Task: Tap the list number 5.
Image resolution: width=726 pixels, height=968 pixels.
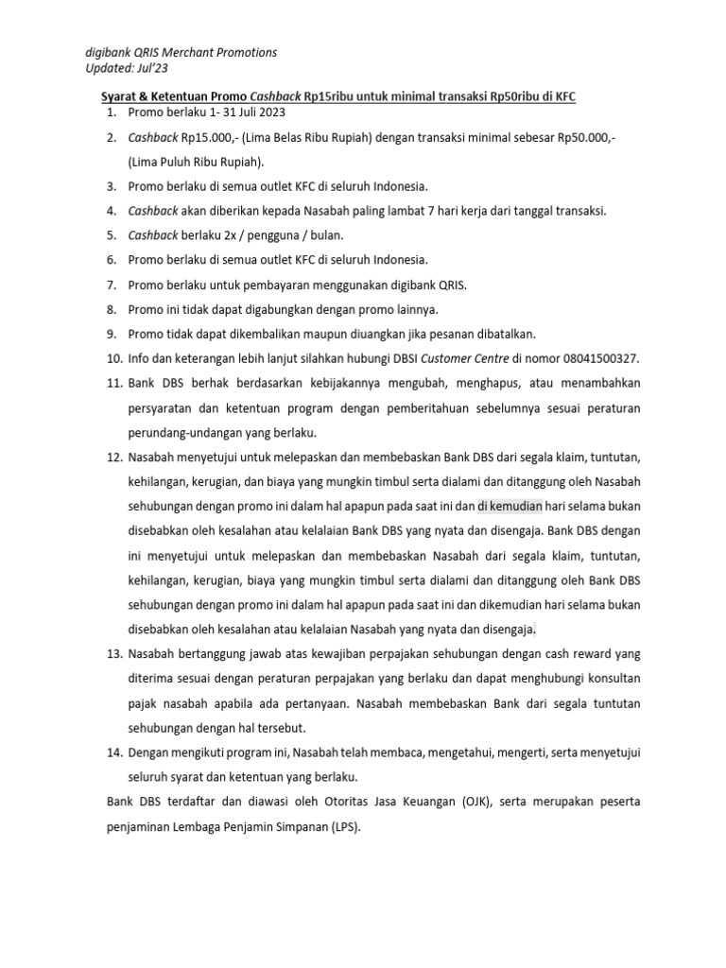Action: [111, 235]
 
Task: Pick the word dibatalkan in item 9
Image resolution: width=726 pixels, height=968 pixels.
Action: [503, 334]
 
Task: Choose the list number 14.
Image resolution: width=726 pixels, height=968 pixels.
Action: [113, 753]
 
